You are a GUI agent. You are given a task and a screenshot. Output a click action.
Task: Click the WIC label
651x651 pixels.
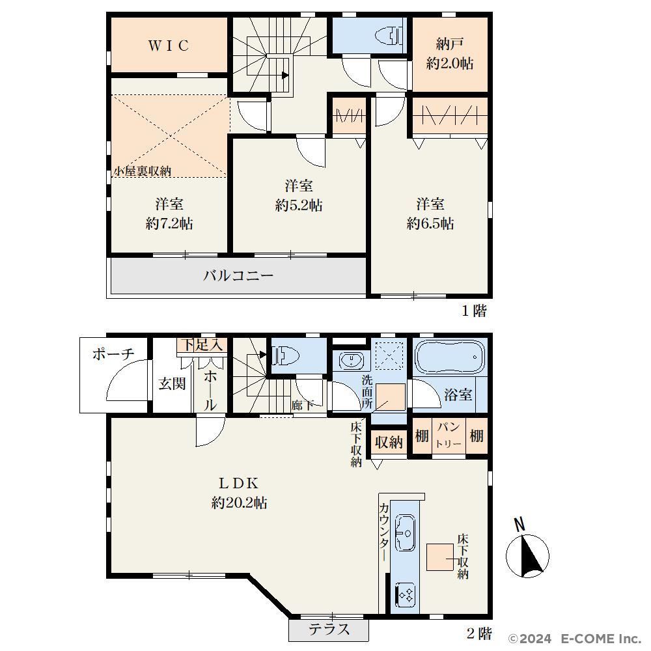[169, 46]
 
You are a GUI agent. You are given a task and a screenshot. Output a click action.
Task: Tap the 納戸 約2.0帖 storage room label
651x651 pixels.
[450, 53]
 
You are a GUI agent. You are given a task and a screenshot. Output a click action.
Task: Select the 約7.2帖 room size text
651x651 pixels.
[169, 224]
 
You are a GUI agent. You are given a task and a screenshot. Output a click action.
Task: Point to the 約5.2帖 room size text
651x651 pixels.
[299, 205]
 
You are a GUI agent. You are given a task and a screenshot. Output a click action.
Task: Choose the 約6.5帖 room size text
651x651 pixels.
[430, 223]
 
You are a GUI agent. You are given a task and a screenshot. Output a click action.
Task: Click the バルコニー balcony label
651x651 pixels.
[238, 275]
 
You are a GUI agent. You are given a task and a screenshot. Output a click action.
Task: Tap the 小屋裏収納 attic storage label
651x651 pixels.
[143, 171]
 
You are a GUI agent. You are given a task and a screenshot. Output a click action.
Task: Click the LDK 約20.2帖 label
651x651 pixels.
[239, 493]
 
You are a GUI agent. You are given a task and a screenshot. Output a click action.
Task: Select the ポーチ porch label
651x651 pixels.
[114, 354]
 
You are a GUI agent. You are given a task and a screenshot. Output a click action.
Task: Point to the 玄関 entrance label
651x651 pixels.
[172, 383]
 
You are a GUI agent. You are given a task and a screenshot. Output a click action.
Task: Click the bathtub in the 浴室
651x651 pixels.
[450, 357]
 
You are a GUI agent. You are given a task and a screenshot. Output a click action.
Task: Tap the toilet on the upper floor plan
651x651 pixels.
[389, 36]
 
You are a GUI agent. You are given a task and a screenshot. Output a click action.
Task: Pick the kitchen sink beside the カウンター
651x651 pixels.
[405, 533]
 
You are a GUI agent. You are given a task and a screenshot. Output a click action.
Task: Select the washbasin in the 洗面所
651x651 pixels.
[352, 360]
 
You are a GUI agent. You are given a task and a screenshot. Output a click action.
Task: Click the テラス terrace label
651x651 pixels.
[329, 630]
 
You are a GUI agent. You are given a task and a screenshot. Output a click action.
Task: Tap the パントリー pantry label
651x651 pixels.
[449, 436]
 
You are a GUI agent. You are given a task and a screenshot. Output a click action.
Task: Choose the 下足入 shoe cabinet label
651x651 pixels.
[203, 345]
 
